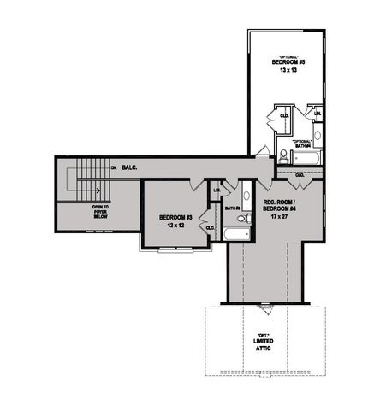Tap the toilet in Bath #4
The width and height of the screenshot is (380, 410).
point(283,154)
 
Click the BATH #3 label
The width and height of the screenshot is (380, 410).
point(231,208)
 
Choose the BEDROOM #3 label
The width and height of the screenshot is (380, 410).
point(174,218)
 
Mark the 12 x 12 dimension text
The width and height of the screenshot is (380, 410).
point(174,225)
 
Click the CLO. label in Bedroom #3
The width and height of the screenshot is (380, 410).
point(210,228)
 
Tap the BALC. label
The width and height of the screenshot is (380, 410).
point(130,167)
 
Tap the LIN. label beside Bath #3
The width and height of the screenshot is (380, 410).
point(217,190)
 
